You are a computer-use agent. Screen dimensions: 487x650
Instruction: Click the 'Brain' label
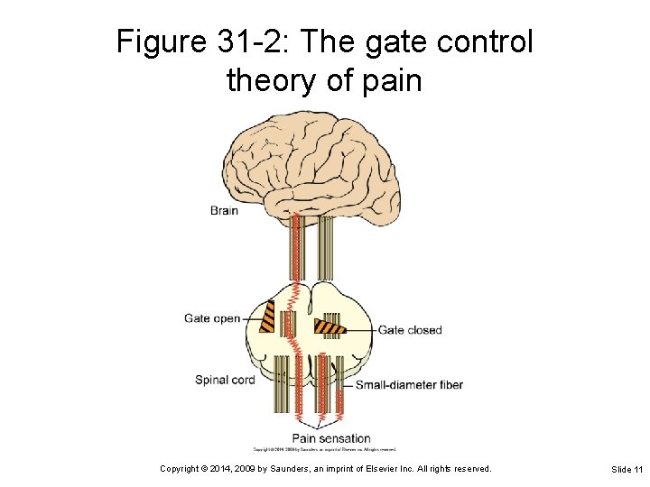tap(224, 210)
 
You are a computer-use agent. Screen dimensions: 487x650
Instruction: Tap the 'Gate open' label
tap(212, 318)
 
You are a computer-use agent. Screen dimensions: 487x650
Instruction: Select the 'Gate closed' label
tap(410, 330)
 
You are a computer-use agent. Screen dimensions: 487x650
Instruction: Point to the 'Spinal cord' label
tap(225, 380)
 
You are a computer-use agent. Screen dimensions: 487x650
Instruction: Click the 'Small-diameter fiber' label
tap(409, 385)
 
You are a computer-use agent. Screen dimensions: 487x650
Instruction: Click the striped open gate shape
tap(268, 317)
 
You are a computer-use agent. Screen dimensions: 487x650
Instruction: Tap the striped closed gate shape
tap(330, 326)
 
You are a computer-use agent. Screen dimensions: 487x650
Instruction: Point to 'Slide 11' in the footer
tap(627, 469)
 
